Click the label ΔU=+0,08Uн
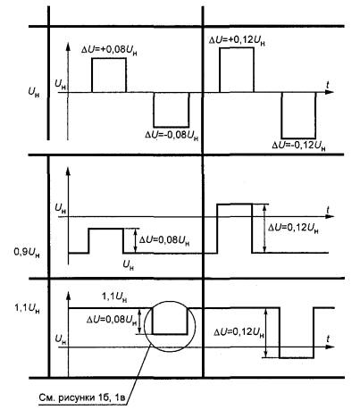point(109,50)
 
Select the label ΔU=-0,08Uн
point(172,135)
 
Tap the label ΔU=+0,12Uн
point(237,40)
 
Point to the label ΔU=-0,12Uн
point(298,146)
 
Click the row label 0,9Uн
point(27,253)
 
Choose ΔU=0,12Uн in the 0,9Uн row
point(293,228)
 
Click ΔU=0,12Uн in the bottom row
point(239,332)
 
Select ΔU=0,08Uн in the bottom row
point(112,320)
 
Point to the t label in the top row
point(328,85)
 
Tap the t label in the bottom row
point(328,339)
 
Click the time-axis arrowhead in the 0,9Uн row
point(330,216)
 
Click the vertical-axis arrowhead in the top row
point(68,47)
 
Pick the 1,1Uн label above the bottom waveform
point(114,297)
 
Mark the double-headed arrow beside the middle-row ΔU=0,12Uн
point(264,229)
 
